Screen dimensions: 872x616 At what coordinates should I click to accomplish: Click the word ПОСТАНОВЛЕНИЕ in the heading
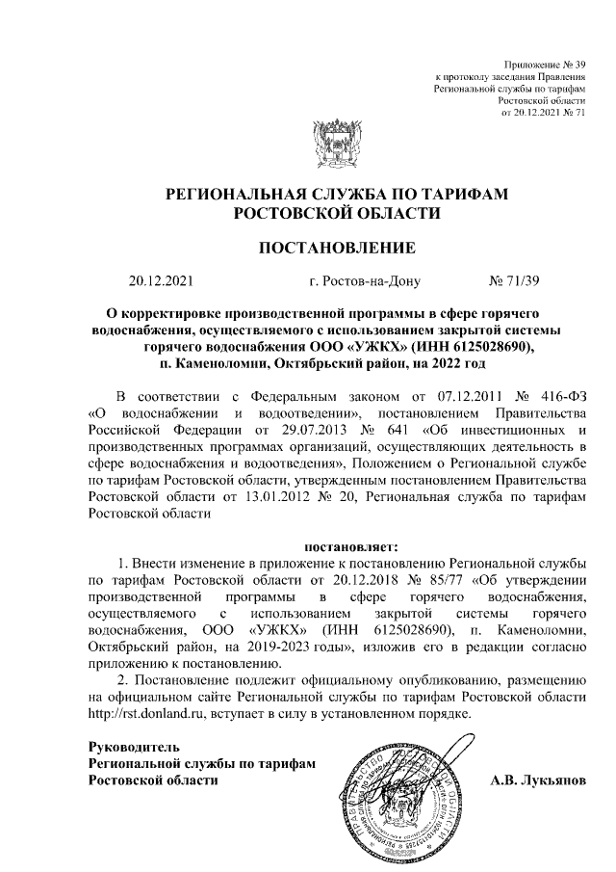pyautogui.click(x=337, y=249)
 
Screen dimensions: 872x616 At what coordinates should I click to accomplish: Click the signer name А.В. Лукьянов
pyautogui.click(x=537, y=780)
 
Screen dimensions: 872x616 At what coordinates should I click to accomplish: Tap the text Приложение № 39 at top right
pyautogui.click(x=545, y=64)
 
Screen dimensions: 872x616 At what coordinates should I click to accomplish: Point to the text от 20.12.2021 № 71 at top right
pyautogui.click(x=544, y=111)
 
